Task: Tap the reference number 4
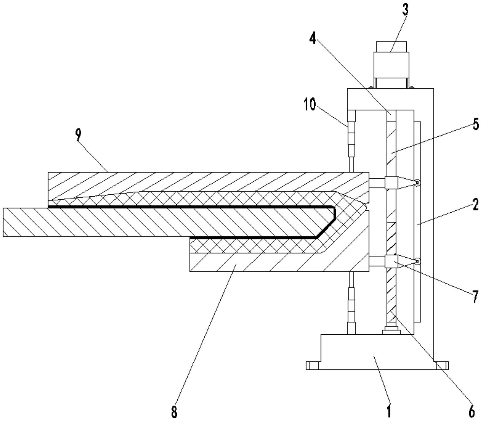313,38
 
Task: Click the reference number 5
475,124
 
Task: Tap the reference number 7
474,296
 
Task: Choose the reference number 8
174,412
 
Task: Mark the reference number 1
389,411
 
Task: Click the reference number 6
472,412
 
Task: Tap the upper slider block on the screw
391,183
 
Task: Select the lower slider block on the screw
391,261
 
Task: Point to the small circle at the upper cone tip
418,183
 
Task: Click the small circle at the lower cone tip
418,262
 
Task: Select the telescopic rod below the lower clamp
352,303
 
